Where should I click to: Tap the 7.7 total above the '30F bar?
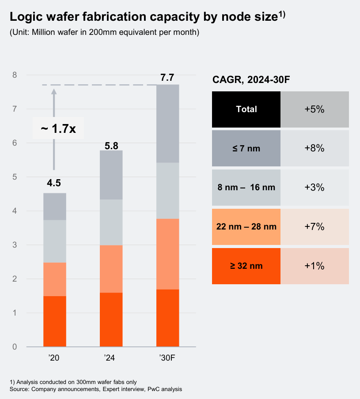click(x=167, y=78)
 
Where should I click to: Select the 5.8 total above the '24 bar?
click(x=111, y=145)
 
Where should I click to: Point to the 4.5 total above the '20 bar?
click(x=54, y=183)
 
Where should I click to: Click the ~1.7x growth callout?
click(x=58, y=129)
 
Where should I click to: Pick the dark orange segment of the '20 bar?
click(x=54, y=321)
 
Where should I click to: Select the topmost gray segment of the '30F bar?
click(x=167, y=124)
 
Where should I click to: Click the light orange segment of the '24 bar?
click(x=111, y=269)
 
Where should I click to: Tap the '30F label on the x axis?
click(x=167, y=358)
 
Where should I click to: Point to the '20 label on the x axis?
click(x=54, y=358)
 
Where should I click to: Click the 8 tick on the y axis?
click(x=15, y=75)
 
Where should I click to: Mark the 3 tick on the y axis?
click(x=15, y=245)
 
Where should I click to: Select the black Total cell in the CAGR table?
click(x=246, y=109)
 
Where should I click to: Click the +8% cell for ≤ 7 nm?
click(x=315, y=148)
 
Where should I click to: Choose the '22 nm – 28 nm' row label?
click(x=246, y=227)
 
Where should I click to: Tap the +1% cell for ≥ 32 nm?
click(x=315, y=266)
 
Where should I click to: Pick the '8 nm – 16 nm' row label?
click(x=246, y=188)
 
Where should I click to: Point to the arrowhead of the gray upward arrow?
click(x=54, y=91)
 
